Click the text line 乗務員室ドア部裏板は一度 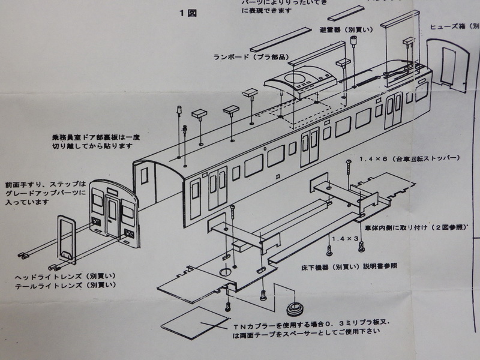tap(95, 137)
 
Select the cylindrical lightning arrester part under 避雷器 tap(354, 41)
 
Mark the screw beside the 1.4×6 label tap(348, 169)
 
